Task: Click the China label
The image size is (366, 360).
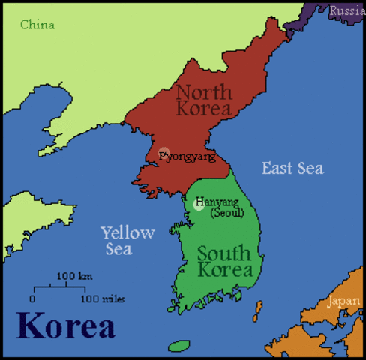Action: point(37,25)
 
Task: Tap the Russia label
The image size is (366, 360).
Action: point(346,10)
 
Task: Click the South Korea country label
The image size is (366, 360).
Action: point(225,261)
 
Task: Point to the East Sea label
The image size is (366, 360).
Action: point(292,168)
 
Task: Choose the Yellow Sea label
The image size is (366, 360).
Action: point(127,240)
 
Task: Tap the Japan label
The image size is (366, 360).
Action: point(343,301)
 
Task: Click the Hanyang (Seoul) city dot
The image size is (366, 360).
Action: point(199,204)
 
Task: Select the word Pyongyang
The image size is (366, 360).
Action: point(187,157)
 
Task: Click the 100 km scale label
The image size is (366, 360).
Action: point(74,276)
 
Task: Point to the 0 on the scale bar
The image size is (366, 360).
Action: point(32,298)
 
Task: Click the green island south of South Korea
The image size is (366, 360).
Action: point(178,346)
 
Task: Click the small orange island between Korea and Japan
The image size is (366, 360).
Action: point(259,308)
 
